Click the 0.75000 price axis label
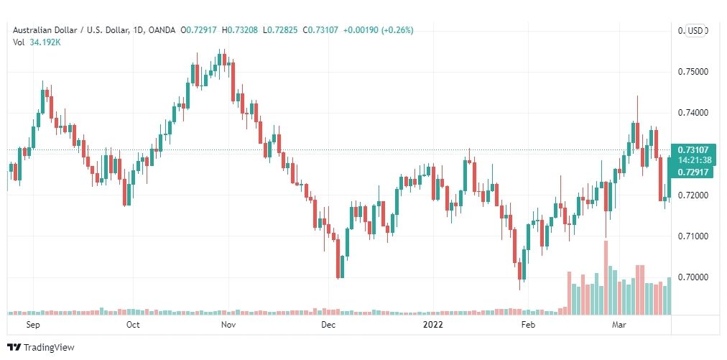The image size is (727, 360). click(693, 72)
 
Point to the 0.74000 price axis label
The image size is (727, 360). click(693, 113)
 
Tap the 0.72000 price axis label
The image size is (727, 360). click(693, 195)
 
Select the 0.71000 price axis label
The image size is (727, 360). click(693, 236)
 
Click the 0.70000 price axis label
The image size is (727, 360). click(693, 277)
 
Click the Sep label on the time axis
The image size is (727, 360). click(32, 325)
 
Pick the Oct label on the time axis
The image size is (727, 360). click(132, 325)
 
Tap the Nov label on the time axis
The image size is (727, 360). click(228, 325)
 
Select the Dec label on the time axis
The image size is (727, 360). click(328, 325)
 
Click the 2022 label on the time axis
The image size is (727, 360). click(433, 325)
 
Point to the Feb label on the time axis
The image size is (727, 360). click(528, 325)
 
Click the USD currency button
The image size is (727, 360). click(695, 30)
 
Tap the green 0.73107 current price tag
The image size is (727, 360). click(692, 149)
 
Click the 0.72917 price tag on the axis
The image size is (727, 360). click(692, 172)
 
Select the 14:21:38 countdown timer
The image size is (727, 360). click(692, 160)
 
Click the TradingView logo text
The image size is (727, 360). click(49, 348)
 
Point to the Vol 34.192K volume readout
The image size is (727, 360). click(42, 42)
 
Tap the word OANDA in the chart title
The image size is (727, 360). click(164, 30)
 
